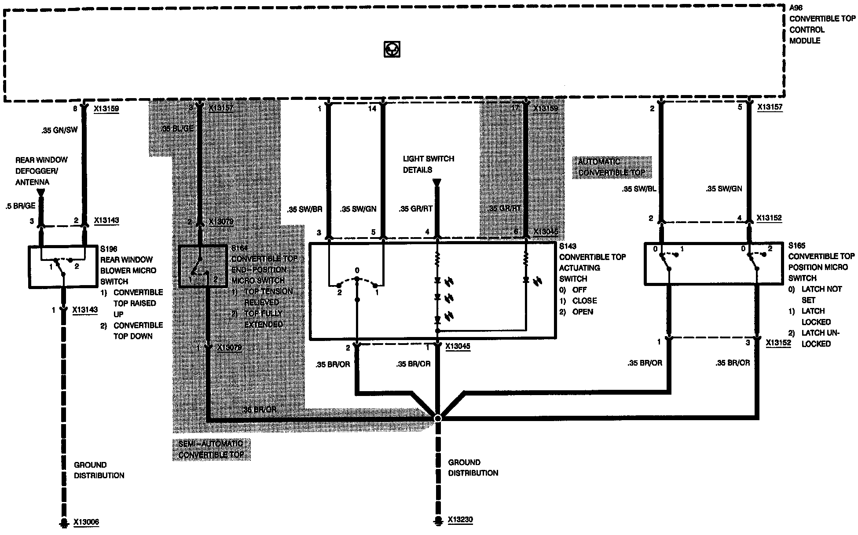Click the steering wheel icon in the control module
pos(391,49)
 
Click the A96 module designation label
pos(796,7)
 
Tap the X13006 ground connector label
pos(86,522)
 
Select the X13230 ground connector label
pos(460,520)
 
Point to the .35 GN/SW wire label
pos(59,130)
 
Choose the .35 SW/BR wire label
pos(304,209)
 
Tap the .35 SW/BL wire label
pos(639,189)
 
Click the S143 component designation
pos(568,246)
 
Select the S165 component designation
pos(797,246)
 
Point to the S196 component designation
pos(109,249)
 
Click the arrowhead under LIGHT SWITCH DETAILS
pos(437,182)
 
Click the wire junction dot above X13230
pos(437,418)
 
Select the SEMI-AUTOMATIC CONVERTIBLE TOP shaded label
pos(211,449)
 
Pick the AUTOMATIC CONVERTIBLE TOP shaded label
pos(611,167)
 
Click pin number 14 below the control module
pos(372,108)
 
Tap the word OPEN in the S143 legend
pos(583,311)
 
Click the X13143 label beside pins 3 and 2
pos(106,220)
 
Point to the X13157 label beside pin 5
pos(770,107)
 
